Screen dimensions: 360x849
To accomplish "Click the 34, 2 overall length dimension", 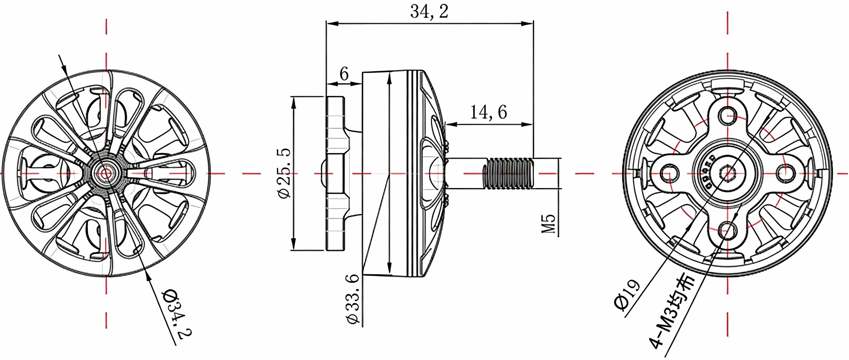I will click(x=429, y=12).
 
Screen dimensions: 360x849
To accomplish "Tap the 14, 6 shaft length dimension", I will click(x=488, y=112).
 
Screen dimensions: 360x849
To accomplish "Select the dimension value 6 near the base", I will click(x=344, y=74).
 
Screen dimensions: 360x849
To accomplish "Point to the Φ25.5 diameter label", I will click(x=284, y=173).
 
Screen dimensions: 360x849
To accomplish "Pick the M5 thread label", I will click(x=548, y=224).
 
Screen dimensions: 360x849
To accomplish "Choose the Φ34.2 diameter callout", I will click(x=176, y=315).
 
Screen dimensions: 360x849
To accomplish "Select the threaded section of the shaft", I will click(x=508, y=173).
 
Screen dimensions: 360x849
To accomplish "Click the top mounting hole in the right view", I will click(x=727, y=116).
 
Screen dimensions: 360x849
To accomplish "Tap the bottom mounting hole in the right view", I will click(x=727, y=230).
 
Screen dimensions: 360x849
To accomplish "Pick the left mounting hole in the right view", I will click(x=670, y=173).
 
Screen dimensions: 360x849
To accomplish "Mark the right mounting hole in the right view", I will click(x=786, y=173).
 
